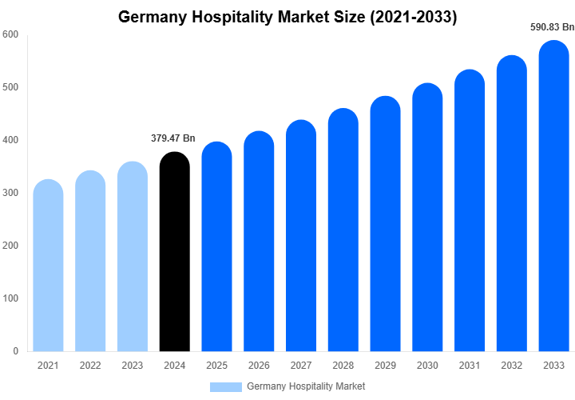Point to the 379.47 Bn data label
point(173,138)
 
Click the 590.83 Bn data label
point(553,27)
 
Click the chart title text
point(287,17)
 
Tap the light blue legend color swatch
point(226,386)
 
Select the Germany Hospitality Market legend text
point(306,386)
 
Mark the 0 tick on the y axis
point(15,351)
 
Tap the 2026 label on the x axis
point(259,366)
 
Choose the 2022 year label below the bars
point(90,366)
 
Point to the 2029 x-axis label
point(386,366)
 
